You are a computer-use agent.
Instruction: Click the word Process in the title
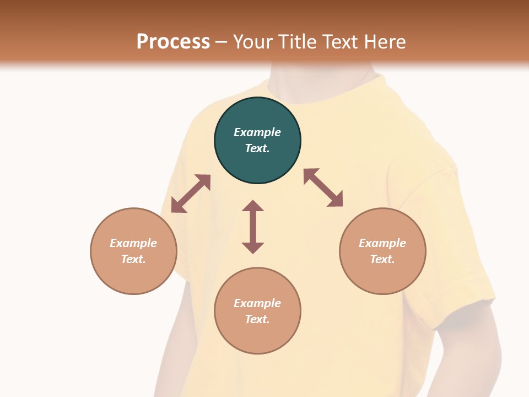(x=173, y=42)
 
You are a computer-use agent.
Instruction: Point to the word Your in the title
(x=254, y=42)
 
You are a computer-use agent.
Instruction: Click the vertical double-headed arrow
(x=253, y=227)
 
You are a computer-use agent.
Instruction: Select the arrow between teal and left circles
(x=191, y=194)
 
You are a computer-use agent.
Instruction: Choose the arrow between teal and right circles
(x=323, y=187)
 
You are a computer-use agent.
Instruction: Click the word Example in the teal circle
(x=257, y=132)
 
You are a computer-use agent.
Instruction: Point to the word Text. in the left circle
(x=133, y=259)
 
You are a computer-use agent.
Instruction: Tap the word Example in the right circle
(x=382, y=243)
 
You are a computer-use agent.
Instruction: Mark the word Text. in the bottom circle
(x=257, y=319)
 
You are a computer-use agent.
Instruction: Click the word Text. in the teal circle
(x=257, y=148)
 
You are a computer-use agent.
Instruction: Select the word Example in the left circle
(x=133, y=243)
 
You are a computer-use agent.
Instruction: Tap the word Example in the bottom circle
(x=257, y=303)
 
